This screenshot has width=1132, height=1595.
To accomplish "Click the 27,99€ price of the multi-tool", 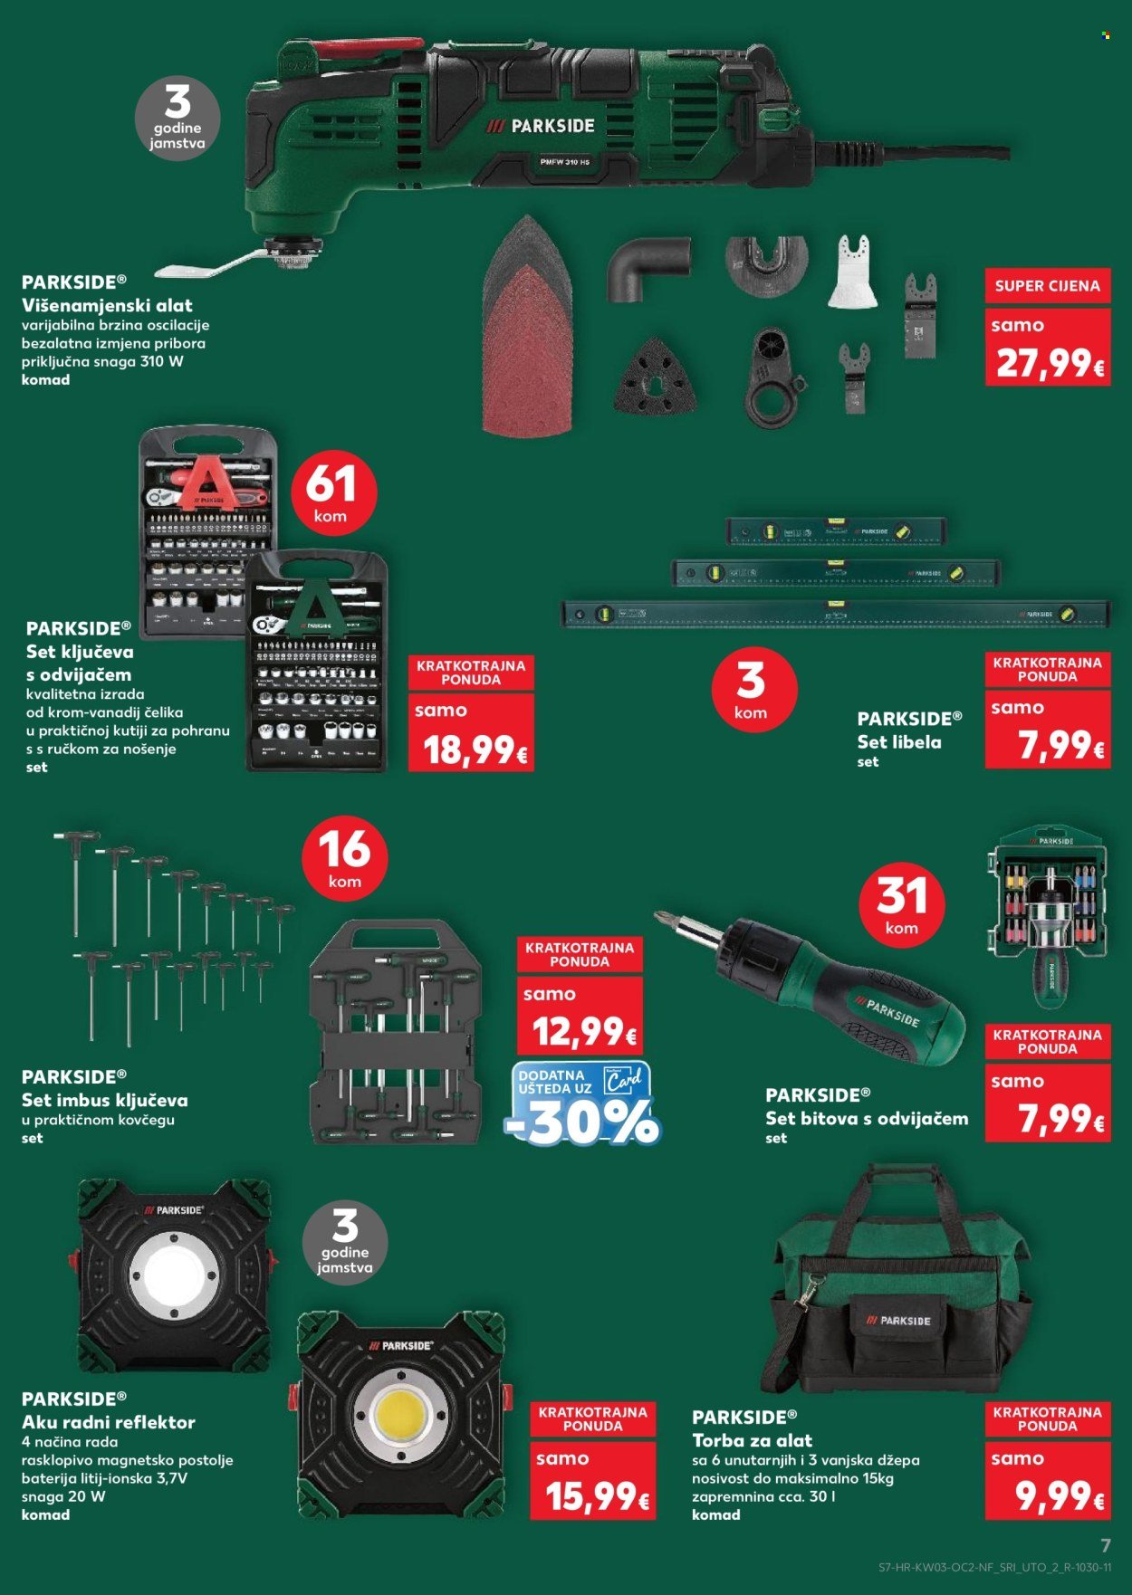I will [1049, 363].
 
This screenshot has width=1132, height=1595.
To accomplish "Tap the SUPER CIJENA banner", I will [1047, 286].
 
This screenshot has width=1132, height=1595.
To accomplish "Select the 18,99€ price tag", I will [472, 749].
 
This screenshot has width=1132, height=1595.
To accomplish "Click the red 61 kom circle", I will [333, 493].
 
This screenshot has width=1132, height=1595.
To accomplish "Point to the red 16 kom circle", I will [344, 858].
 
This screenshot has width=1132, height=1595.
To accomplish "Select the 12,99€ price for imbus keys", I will [580, 1031].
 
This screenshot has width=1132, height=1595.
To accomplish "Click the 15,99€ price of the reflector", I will [593, 1496].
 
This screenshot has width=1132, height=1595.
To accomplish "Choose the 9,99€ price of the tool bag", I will [1049, 1496].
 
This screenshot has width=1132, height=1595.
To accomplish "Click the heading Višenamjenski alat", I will [107, 305].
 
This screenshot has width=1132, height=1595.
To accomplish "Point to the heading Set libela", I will [899, 741].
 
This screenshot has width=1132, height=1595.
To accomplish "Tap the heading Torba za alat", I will [752, 1440].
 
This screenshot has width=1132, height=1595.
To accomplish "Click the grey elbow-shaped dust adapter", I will [647, 268].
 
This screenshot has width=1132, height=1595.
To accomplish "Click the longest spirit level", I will [835, 614].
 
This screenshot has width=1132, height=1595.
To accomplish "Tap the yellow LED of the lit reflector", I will [401, 1415].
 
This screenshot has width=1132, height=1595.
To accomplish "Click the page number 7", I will [1105, 1546].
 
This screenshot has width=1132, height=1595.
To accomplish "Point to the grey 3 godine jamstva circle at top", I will [177, 119].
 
